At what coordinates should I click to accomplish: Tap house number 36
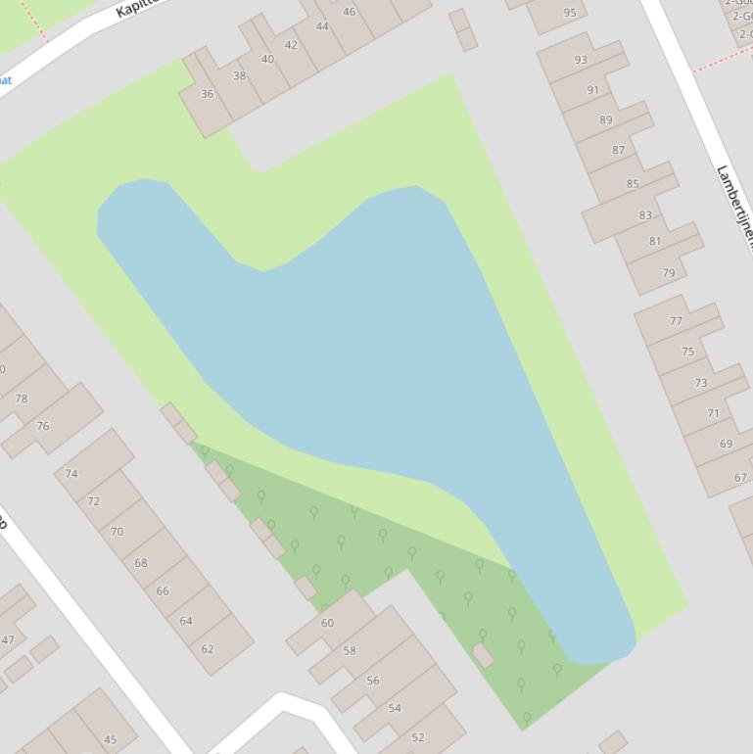pos(207,94)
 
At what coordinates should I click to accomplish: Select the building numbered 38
pos(239,75)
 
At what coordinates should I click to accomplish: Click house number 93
pos(581,60)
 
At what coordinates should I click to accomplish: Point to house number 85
pos(633,183)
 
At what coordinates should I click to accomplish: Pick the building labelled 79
pos(669,273)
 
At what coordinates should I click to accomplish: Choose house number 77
pos(676,320)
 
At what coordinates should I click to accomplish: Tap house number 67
pos(740,477)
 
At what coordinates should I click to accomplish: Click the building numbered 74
pos(71,473)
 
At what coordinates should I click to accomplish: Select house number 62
pos(208,648)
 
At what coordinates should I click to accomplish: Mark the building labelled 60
pos(327,622)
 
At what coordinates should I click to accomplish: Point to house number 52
pos(418,736)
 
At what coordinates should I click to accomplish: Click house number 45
pos(110,739)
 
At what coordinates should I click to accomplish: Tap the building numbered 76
pos(43,425)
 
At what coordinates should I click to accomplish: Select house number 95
pos(570,13)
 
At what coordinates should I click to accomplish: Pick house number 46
pos(350,12)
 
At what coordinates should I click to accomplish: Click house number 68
pos(141,562)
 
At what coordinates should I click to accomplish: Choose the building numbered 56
pos(373,680)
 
